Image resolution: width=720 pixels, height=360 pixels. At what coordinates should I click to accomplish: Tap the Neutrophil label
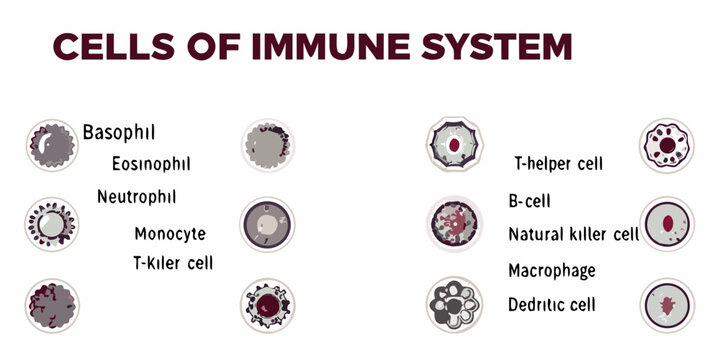(136, 196)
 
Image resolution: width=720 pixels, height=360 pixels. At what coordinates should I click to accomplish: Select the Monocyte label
(169, 234)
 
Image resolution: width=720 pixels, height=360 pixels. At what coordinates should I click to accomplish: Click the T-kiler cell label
(173, 263)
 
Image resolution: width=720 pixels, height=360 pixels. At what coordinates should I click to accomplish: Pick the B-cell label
(529, 202)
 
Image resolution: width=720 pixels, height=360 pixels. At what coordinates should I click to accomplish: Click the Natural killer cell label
(573, 235)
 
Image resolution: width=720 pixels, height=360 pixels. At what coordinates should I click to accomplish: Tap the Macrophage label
(551, 271)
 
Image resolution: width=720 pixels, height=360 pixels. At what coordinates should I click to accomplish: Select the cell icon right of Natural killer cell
(665, 223)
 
